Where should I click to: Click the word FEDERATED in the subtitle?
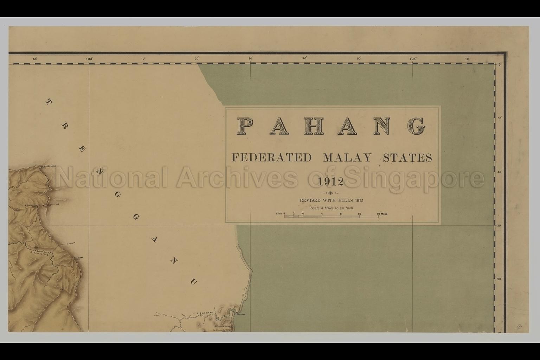tap(271, 157)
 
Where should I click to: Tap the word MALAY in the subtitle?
tap(347, 157)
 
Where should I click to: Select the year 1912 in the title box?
tap(330, 182)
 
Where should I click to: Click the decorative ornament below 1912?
tap(330, 193)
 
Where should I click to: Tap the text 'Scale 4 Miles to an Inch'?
tap(332, 208)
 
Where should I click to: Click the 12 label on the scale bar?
tap(359, 214)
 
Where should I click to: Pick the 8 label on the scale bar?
tap(341, 214)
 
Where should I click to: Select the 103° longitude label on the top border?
tap(89, 59)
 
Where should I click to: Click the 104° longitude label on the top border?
tap(413, 59)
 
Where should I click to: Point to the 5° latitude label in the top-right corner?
tap(500, 65)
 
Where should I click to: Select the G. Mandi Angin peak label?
tap(49, 166)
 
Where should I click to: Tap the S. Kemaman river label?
tap(203, 313)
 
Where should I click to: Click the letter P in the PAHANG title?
tap(246, 126)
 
